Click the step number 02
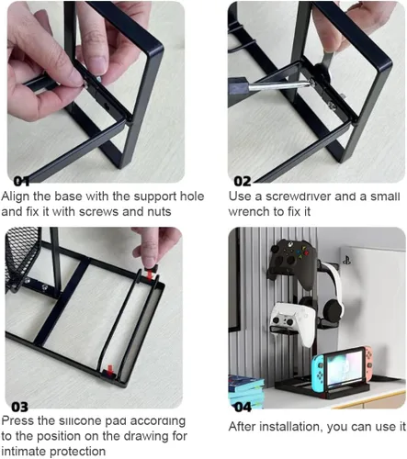(x=243, y=182)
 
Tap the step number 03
(x=19, y=407)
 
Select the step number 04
(x=243, y=407)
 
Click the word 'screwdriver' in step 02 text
(x=299, y=196)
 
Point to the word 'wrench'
(x=248, y=212)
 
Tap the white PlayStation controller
(x=293, y=323)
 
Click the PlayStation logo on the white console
(x=346, y=261)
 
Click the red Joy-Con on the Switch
(x=368, y=362)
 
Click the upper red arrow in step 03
(x=150, y=274)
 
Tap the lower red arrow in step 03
(x=110, y=368)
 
